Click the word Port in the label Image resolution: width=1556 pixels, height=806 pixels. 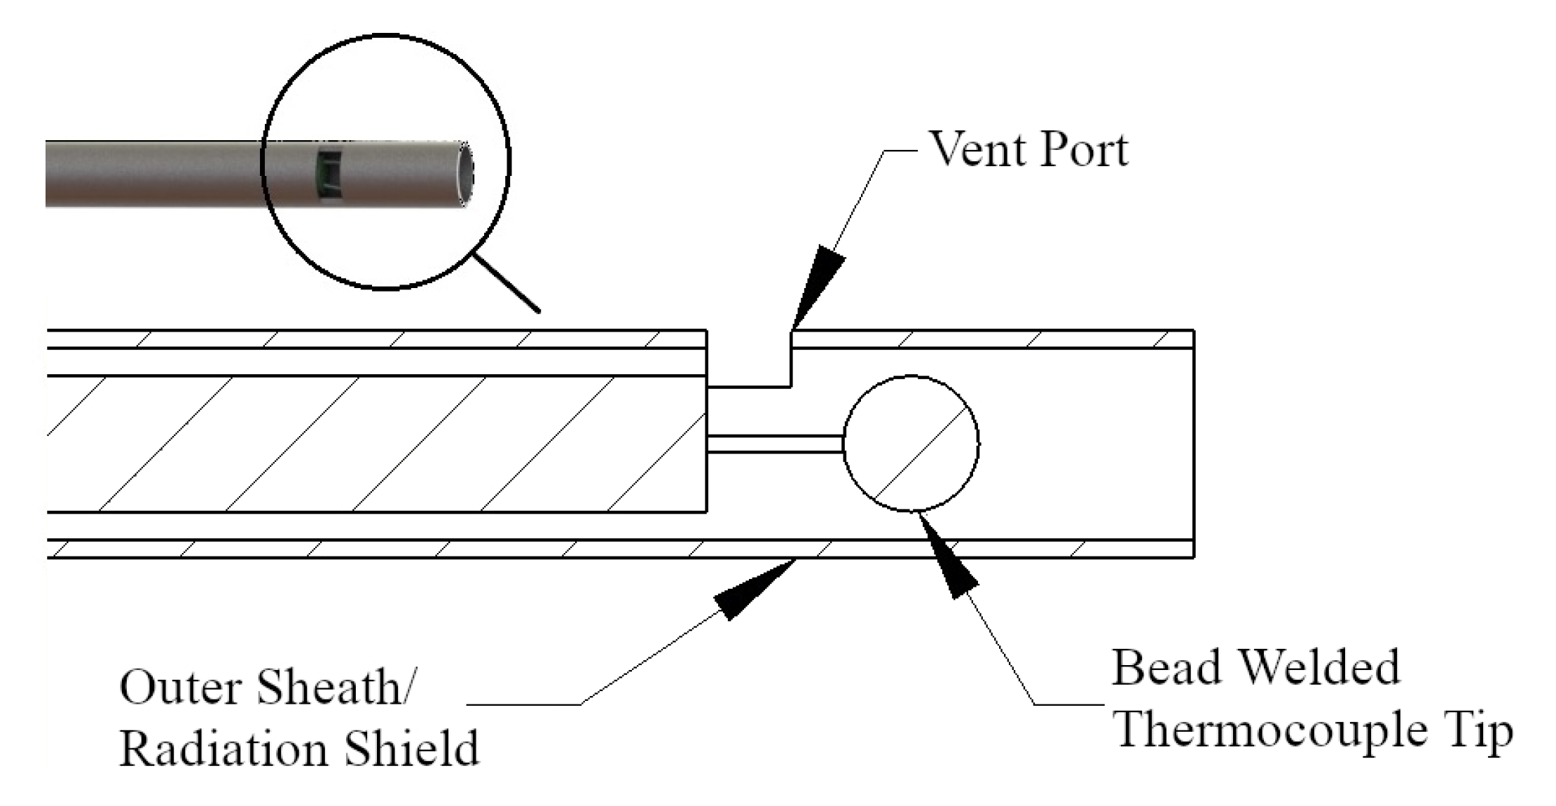tap(1084, 149)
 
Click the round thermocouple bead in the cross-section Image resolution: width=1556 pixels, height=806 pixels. tap(911, 443)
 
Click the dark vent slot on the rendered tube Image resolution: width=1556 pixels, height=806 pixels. tap(328, 173)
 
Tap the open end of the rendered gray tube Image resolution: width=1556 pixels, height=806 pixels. tap(464, 174)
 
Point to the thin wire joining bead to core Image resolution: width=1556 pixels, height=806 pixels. tap(774, 444)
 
